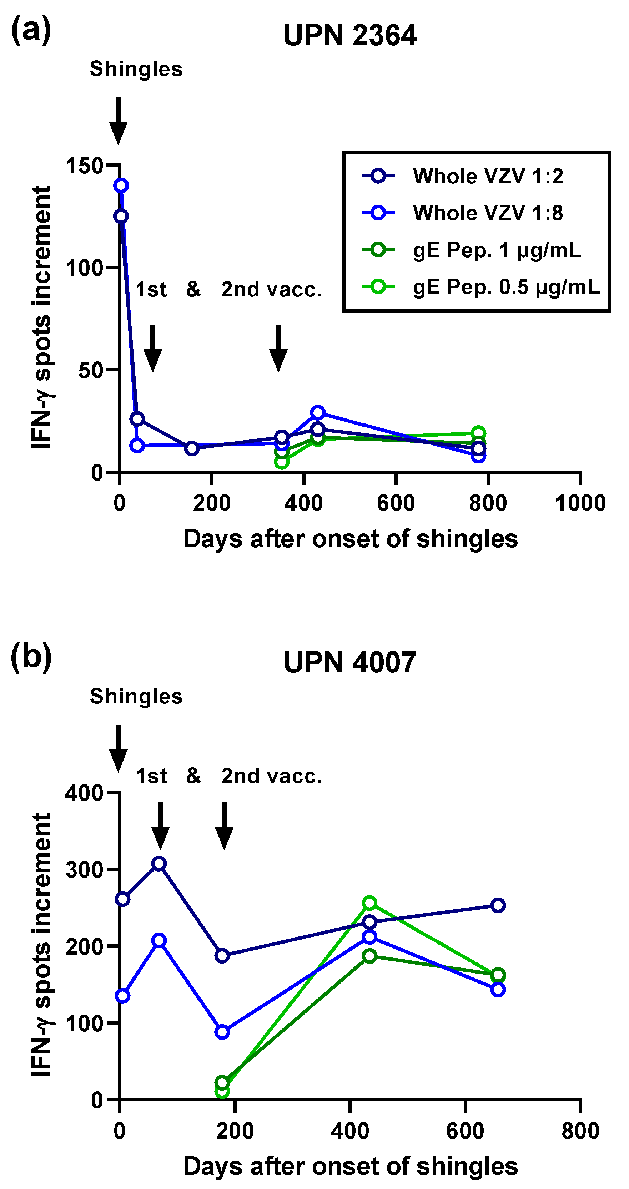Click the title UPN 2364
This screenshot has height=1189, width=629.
point(349,36)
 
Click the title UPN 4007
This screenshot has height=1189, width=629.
point(349,662)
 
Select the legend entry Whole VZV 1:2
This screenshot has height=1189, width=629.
point(488,176)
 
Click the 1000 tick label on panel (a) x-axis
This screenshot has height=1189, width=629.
point(580,503)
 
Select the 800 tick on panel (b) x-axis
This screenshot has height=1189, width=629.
point(580,1131)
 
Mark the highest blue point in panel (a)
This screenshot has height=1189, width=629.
point(121,186)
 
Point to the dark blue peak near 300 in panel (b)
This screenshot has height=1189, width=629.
point(159,864)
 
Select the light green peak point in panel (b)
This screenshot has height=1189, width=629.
point(369,903)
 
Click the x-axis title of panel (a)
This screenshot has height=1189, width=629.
point(350,539)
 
